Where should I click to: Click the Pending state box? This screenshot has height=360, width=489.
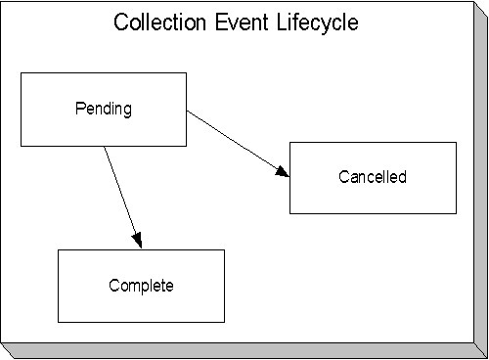[x=103, y=127]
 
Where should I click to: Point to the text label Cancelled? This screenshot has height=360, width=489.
[x=373, y=177]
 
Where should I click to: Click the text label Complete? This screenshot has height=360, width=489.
[x=141, y=286]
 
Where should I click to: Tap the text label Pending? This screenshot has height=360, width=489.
[x=103, y=108]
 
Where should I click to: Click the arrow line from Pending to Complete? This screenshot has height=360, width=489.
[x=123, y=196]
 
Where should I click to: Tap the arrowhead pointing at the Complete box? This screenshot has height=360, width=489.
[x=139, y=241]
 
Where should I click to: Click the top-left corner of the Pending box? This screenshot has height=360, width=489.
[x=21, y=72]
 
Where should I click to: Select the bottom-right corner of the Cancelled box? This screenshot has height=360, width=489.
[x=456, y=213]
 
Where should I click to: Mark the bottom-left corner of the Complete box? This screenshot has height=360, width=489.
[x=58, y=322]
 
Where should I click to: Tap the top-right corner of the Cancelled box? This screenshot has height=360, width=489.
[x=456, y=142]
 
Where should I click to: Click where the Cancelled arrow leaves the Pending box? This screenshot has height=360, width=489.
[x=186, y=111]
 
